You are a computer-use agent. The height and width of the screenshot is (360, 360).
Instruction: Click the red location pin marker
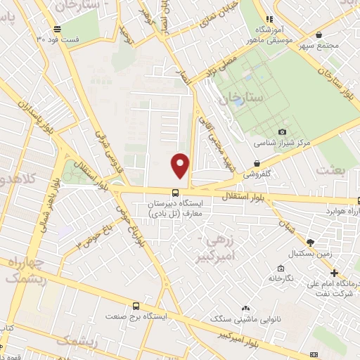coord(181,165)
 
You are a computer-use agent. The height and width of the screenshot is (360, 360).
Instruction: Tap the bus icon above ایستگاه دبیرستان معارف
coord(174,192)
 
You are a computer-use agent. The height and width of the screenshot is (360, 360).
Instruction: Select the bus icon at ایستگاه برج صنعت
coord(136,306)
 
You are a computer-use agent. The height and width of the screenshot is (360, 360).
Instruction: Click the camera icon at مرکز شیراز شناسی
coord(282,131)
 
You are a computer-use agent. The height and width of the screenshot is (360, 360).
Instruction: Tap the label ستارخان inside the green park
coord(242,98)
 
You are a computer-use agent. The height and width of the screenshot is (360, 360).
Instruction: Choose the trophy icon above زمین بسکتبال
coord(310,242)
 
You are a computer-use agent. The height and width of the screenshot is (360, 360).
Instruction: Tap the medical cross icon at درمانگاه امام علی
coord(334,273)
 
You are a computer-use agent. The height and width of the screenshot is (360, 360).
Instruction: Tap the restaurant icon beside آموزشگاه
coord(268,20)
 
